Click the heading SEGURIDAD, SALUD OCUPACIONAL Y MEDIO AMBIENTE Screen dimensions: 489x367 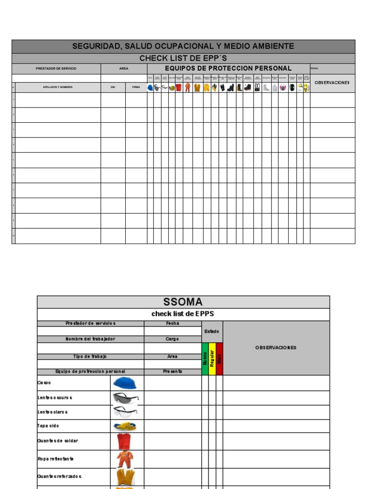tap(183, 46)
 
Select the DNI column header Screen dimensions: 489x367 tap(113, 87)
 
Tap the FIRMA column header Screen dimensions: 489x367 tap(136, 87)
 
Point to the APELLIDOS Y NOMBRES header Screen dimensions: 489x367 tap(58, 87)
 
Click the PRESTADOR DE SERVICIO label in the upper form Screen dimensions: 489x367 tap(56, 69)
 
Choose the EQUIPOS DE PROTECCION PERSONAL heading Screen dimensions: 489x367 tap(228, 68)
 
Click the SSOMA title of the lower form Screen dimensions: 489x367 tap(183, 302)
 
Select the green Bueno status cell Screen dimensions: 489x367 tap(205, 359)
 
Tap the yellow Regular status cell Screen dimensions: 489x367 tap(212, 359)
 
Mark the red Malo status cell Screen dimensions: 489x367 tap(219, 359)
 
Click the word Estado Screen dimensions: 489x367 tap(212, 331)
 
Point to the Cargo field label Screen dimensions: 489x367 tap(173, 339)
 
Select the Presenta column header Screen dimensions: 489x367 tap(173, 372)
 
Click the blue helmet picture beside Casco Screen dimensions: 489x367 tap(125, 383)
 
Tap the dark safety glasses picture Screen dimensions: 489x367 tap(126, 397)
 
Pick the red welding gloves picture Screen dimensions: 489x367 tap(125, 441)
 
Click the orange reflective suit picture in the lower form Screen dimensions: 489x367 tap(125, 459)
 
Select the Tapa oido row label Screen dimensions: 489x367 tap(48, 426)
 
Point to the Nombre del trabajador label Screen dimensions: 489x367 tap(90, 339)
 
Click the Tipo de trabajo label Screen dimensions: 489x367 tap(90, 356)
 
